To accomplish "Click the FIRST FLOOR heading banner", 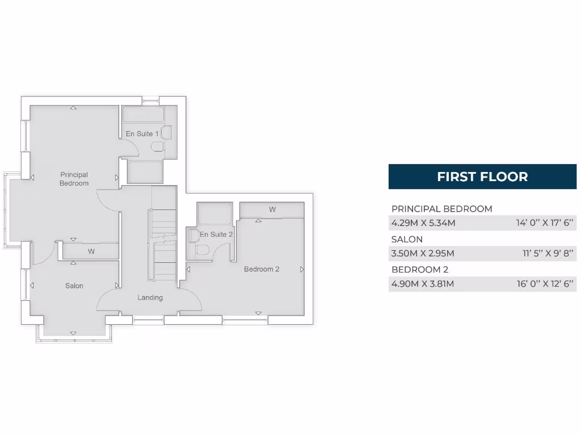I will click(482, 177).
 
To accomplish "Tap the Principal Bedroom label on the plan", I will click(74, 179).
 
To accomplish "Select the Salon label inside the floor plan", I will click(74, 286).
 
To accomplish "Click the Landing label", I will click(150, 297).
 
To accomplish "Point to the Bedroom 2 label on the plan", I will click(262, 269).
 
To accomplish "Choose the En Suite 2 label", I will click(216, 234).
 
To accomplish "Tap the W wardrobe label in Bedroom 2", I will click(272, 209).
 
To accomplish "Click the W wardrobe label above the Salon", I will click(91, 251).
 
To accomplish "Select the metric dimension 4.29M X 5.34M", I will click(423, 223).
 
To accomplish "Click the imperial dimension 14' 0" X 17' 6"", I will click(545, 223).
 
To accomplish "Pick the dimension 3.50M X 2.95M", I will click(423, 253).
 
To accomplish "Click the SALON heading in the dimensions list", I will click(407, 239).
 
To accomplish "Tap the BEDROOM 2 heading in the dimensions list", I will click(420, 269).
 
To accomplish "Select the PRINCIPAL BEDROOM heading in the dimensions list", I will click(442, 208).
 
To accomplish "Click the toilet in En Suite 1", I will click(157, 147).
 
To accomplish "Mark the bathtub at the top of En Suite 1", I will click(143, 114).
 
